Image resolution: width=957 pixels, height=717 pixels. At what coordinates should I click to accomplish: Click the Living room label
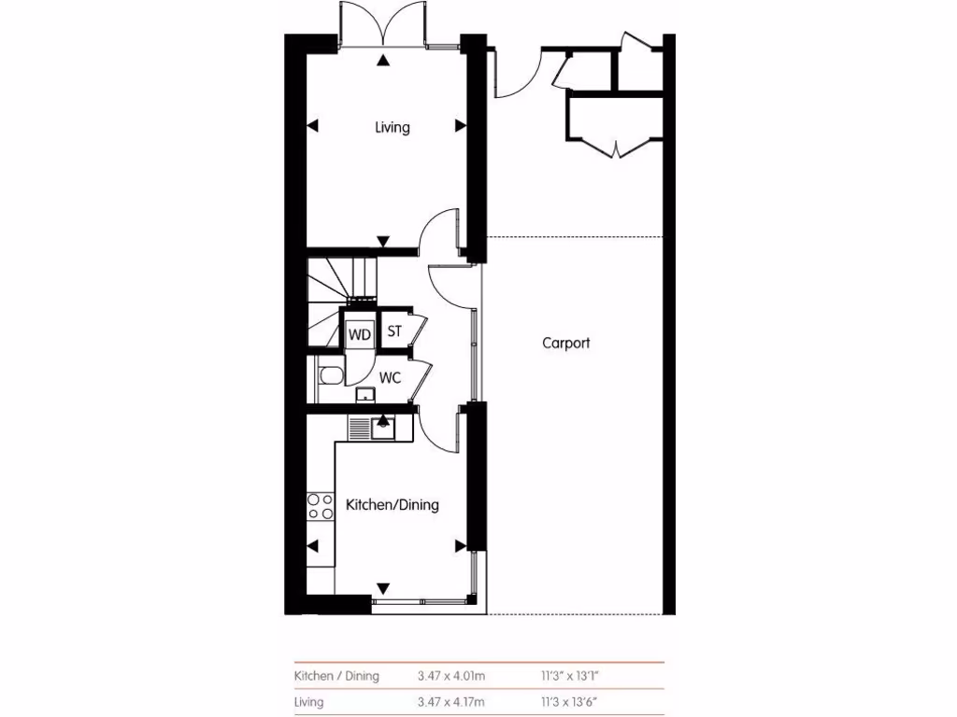393,128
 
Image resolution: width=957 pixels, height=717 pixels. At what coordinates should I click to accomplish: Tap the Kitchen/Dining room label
393,505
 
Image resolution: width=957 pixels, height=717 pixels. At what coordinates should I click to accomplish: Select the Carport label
566,343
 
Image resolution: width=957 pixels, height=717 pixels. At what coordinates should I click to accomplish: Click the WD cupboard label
360,333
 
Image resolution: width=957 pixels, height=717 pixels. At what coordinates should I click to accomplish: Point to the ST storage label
394,331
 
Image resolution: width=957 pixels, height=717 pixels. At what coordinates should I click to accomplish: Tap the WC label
391,378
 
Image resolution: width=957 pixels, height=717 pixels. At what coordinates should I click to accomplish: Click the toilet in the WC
330,376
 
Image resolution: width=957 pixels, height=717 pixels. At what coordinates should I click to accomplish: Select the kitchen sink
382,429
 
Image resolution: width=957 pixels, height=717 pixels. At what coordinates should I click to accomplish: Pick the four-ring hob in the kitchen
321,505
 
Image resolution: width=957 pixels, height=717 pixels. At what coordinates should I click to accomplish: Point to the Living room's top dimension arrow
383,61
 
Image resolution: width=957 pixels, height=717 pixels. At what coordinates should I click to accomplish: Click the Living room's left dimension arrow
313,126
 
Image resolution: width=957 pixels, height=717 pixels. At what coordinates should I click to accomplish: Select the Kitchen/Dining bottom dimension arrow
383,588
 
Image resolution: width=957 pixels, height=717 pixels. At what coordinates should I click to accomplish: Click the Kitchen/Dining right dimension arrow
460,545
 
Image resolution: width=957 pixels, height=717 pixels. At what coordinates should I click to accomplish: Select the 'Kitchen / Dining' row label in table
336,676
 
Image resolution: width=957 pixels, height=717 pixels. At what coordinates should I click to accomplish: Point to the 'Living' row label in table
310,702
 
